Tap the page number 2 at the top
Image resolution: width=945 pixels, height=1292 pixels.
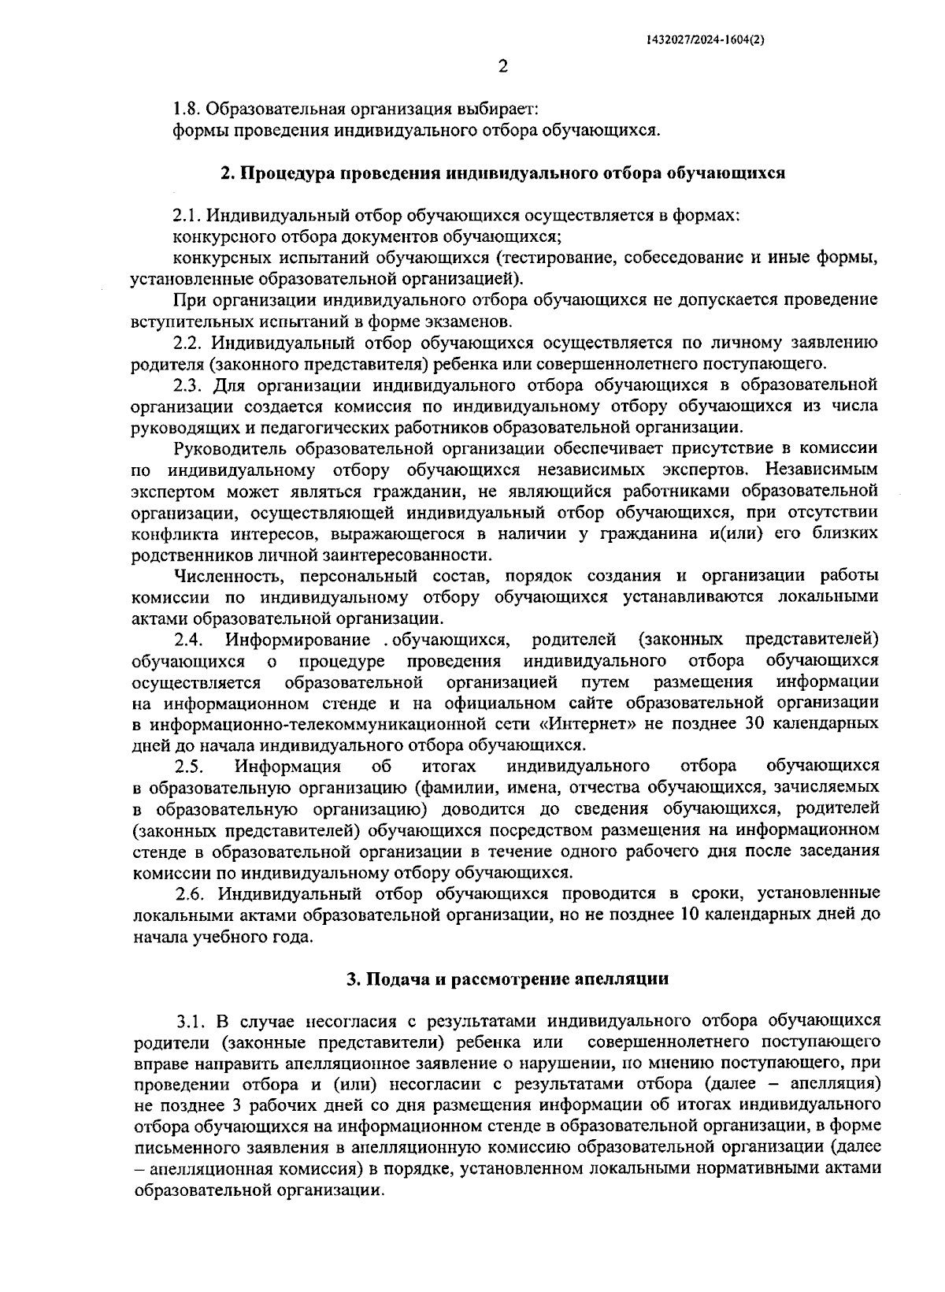pos(503,67)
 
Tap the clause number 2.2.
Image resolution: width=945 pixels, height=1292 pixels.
pos(190,343)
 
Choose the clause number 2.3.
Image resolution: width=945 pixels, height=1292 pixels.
pos(190,385)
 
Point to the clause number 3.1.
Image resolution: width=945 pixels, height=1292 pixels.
pos(192,1022)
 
